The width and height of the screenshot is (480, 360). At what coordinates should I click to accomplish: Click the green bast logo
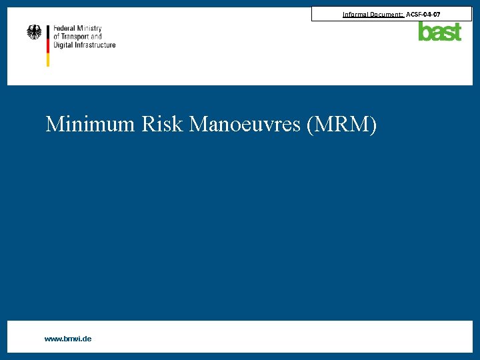pos(439,31)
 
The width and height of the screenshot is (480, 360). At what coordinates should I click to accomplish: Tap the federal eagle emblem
pos(34,32)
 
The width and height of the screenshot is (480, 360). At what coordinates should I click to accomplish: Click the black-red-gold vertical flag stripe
pos(48,45)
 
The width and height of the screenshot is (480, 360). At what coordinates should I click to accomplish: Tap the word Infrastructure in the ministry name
pos(97,45)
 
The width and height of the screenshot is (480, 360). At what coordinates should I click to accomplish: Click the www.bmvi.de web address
pos(68,339)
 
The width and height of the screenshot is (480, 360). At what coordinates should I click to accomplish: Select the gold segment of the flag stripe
pos(48,59)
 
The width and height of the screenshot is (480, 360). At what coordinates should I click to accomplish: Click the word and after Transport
pos(96,37)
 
